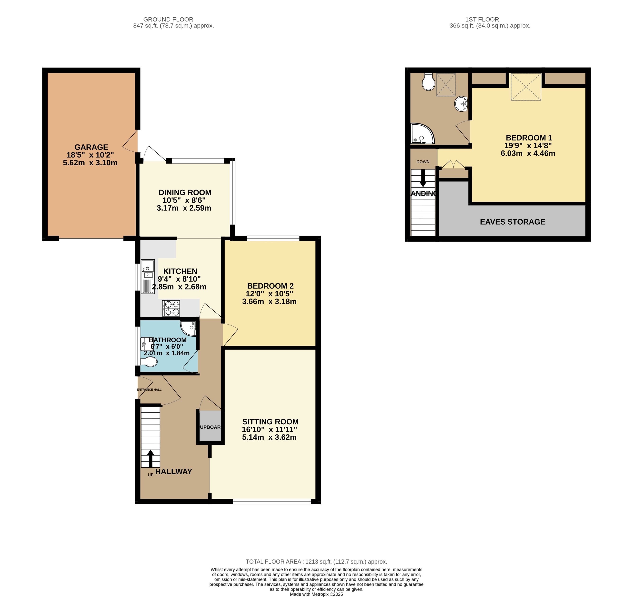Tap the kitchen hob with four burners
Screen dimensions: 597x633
171,308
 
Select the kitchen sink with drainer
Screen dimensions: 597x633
148,276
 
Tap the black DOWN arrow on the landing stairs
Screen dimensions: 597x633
423,178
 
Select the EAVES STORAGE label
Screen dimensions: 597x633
512,222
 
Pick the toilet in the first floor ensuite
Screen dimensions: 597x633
428,82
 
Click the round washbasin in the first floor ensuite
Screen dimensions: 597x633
461,104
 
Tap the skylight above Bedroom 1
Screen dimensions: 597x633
526,87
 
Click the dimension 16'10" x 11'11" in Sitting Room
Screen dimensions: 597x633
269,430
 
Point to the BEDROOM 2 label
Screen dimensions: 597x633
270,286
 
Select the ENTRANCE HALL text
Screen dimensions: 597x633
149,390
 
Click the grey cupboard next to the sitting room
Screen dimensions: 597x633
210,427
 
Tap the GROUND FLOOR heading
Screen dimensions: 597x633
168,19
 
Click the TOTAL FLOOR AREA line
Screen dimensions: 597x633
316,562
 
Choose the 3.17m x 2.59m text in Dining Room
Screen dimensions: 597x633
184,208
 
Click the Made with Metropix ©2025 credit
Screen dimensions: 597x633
316,594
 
